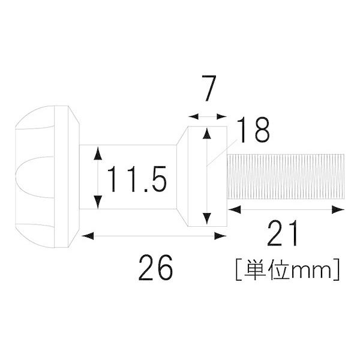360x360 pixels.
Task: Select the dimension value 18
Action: click(252, 130)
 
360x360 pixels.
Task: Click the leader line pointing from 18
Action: click(221, 147)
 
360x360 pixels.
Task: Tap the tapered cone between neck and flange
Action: click(181, 178)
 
